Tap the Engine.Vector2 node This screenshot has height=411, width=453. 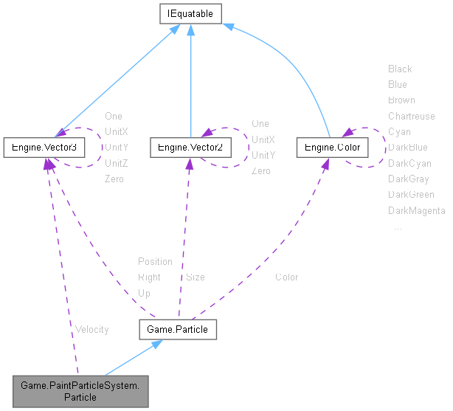tap(190, 148)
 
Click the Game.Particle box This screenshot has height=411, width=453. tap(178, 329)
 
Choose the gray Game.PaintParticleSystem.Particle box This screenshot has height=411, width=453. tap(80, 390)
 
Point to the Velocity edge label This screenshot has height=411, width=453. tap(91, 329)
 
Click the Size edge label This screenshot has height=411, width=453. tap(196, 277)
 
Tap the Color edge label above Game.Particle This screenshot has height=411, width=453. tap(287, 277)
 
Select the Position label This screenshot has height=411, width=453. tap(155, 261)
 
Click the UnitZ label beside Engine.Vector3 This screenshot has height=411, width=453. tap(117, 163)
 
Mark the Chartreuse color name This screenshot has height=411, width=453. tap(412, 116)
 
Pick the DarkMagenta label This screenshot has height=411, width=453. tap(417, 211)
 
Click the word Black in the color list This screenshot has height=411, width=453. tap(400, 69)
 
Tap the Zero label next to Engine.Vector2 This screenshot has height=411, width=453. tap(261, 171)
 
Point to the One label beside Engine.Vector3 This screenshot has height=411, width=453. tap(114, 116)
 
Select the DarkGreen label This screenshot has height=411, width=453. tap(411, 195)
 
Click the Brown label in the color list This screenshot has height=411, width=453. tap(401, 100)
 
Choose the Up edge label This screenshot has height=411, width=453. tap(145, 293)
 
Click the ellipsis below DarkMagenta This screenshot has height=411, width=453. tap(398, 227)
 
